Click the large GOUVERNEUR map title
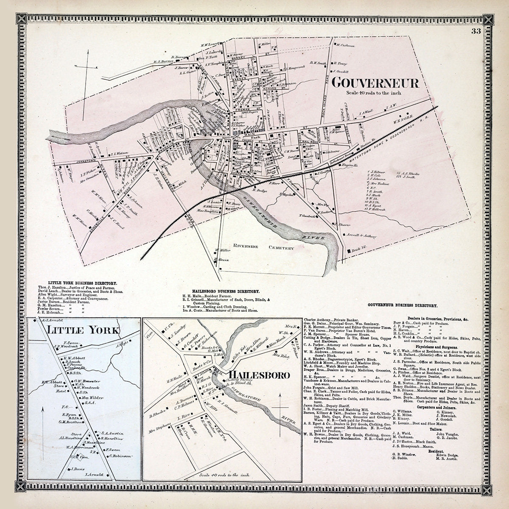coord(375,83)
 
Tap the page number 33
coord(475,31)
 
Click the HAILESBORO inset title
coord(260,375)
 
